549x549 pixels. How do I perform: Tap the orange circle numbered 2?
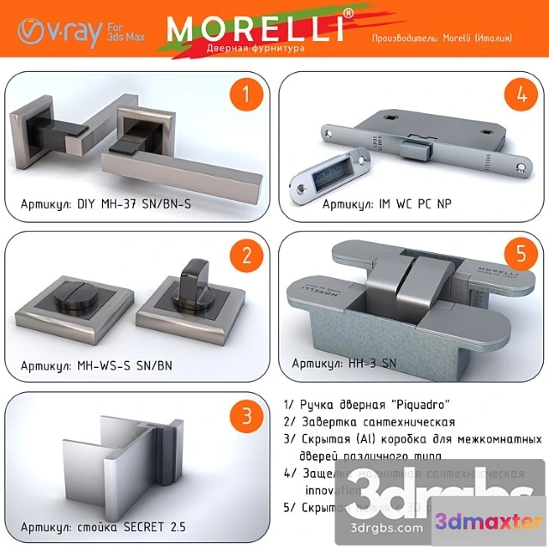pos(247,256)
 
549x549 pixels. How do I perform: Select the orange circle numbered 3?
pos(247,417)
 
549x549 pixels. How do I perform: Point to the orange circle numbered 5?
pos(520,256)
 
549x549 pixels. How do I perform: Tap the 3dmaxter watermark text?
pos(489,522)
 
